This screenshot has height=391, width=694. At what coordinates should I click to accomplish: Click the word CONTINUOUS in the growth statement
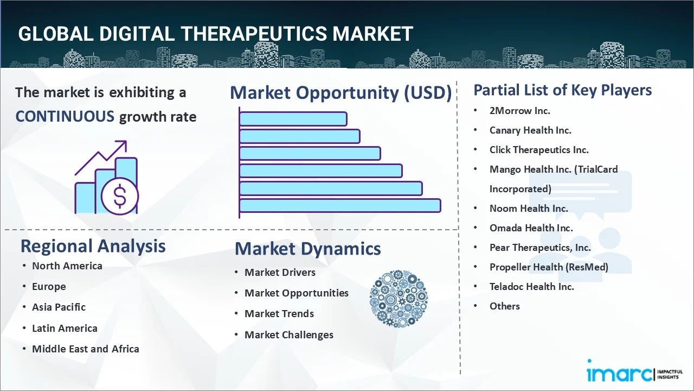(x=65, y=116)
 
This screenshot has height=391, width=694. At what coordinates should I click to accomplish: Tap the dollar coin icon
(x=120, y=196)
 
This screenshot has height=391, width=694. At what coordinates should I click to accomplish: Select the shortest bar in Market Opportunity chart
(x=293, y=119)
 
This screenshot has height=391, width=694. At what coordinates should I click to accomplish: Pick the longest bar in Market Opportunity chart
(x=340, y=205)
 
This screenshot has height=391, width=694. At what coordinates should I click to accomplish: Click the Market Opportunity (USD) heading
(x=340, y=93)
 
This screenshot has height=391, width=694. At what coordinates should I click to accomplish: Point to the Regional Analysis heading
(x=93, y=246)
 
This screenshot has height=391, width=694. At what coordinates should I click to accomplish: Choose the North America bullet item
(x=67, y=266)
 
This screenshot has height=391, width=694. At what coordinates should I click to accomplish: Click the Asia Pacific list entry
(x=59, y=307)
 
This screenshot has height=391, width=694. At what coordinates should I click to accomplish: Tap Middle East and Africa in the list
(x=85, y=349)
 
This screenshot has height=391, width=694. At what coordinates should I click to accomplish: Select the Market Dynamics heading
(x=307, y=249)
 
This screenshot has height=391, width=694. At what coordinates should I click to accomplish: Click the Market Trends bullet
(x=279, y=313)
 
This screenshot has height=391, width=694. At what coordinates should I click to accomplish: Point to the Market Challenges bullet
(x=288, y=335)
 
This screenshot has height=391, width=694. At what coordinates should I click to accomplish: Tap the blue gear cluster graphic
(x=399, y=299)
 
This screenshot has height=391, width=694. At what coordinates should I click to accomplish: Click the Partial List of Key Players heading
(x=562, y=90)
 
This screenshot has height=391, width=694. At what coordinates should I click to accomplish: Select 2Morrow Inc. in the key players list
(x=519, y=111)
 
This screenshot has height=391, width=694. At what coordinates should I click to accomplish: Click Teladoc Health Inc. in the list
(x=531, y=286)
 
